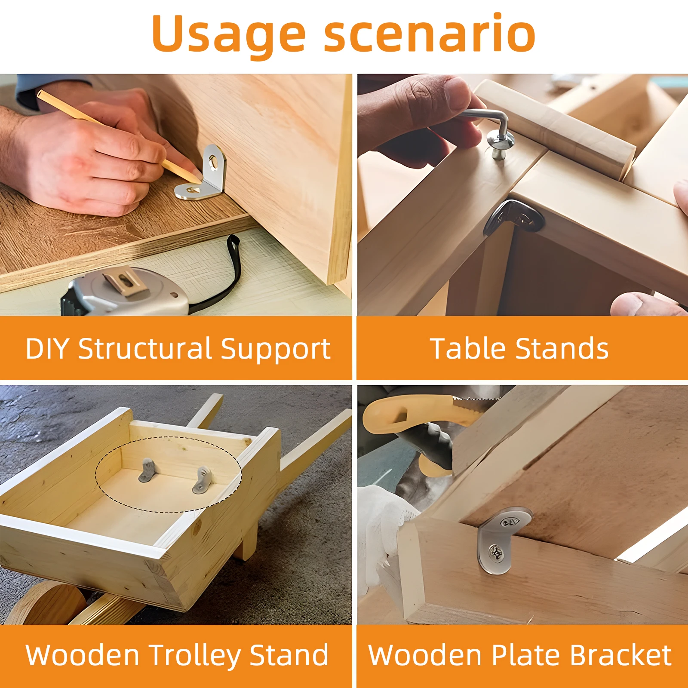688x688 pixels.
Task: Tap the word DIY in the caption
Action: [x=47, y=348]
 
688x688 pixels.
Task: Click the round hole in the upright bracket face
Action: [x=214, y=162]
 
